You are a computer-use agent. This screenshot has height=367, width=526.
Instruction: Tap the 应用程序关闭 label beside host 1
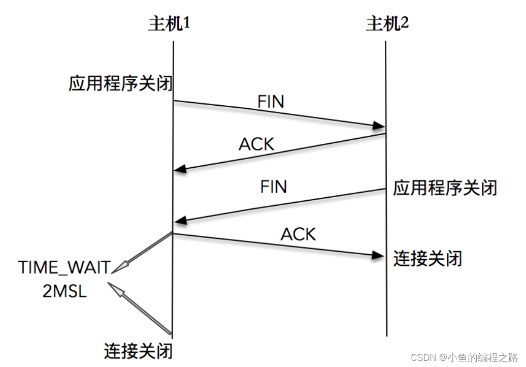pyautogui.click(x=121, y=84)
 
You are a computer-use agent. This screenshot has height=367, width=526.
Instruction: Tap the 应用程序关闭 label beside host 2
pyautogui.click(x=445, y=188)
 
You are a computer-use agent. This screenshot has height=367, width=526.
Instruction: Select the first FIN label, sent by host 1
pyautogui.click(x=271, y=101)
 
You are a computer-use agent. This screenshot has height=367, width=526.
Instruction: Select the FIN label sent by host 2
pyautogui.click(x=274, y=187)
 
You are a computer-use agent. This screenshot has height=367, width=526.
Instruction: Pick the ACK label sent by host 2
pyautogui.click(x=256, y=144)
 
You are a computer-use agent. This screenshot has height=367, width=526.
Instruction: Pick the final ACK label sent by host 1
pyautogui.click(x=299, y=234)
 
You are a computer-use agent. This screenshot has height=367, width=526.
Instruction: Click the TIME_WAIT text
pyautogui.click(x=64, y=267)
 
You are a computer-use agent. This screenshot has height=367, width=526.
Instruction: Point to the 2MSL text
pyautogui.click(x=64, y=292)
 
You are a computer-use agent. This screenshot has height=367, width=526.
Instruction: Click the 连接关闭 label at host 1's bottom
pyautogui.click(x=138, y=351)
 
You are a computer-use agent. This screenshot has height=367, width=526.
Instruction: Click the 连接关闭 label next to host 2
pyautogui.click(x=428, y=258)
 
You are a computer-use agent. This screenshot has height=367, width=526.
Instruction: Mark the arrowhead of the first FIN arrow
pyautogui.click(x=378, y=126)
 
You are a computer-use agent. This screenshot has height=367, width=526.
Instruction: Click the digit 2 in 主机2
pyautogui.click(x=405, y=23)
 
